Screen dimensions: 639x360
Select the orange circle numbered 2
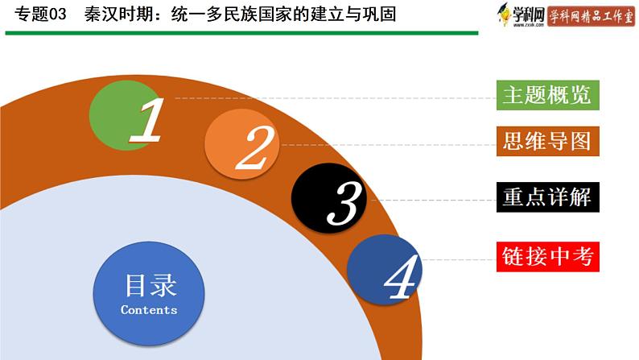point(242,143)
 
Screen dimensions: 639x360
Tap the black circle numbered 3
point(329,198)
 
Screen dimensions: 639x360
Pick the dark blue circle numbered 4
point(385,269)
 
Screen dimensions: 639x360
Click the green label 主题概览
point(548,95)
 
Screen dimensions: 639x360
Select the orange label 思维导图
point(548,141)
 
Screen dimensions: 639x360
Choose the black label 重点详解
point(548,197)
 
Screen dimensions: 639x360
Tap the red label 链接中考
point(548,256)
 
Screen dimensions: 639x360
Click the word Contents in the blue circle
point(149,310)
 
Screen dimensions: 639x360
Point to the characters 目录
point(150,285)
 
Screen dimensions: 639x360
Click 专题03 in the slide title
point(40,14)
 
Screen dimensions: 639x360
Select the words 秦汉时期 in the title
point(118,14)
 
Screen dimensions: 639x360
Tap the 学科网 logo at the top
point(521,14)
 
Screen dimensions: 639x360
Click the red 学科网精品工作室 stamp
point(591,16)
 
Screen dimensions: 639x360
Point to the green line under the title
point(241,33)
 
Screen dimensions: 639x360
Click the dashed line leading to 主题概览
point(336,98)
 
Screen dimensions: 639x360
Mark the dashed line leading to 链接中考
point(460,259)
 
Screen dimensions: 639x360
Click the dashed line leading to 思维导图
point(389,145)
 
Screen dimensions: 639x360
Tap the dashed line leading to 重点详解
point(434,201)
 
